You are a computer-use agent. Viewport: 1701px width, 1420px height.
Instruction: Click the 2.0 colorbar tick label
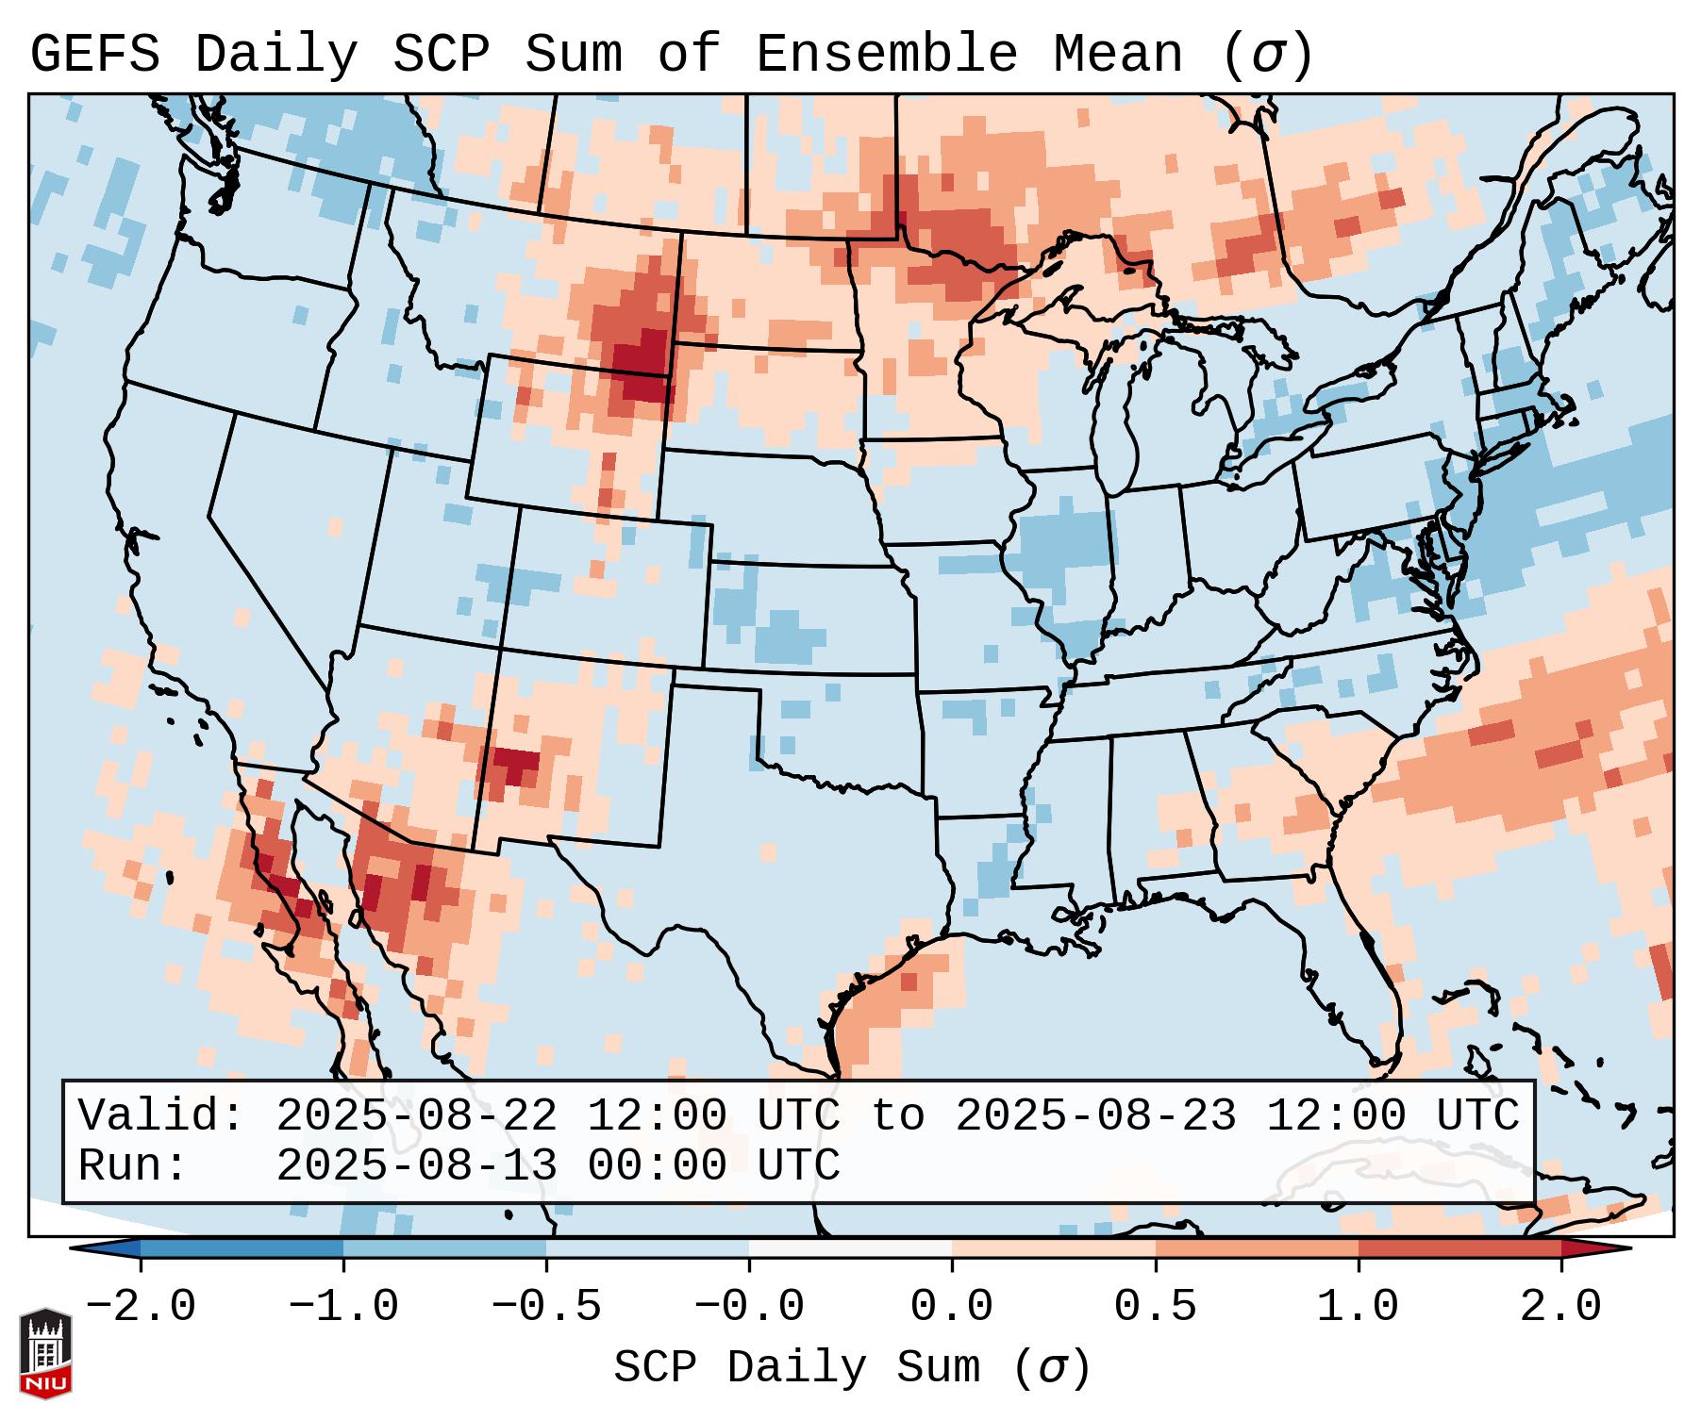click(1560, 1307)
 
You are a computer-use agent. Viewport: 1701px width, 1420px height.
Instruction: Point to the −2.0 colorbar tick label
click(141, 1307)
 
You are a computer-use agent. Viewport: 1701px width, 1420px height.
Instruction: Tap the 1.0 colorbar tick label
click(1358, 1307)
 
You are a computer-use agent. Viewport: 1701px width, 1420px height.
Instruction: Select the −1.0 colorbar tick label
click(343, 1307)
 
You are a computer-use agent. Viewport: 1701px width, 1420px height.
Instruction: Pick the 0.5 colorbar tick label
click(1155, 1307)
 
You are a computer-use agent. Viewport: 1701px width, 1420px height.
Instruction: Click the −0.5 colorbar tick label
click(546, 1307)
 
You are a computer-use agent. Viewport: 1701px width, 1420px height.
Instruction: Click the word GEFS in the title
click(94, 55)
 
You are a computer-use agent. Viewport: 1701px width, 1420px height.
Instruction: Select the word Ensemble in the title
click(887, 55)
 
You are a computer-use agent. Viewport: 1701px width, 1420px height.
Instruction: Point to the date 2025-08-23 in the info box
click(1094, 1115)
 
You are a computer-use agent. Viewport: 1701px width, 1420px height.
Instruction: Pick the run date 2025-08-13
click(416, 1165)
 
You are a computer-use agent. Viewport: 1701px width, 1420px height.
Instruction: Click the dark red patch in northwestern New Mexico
click(512, 764)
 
